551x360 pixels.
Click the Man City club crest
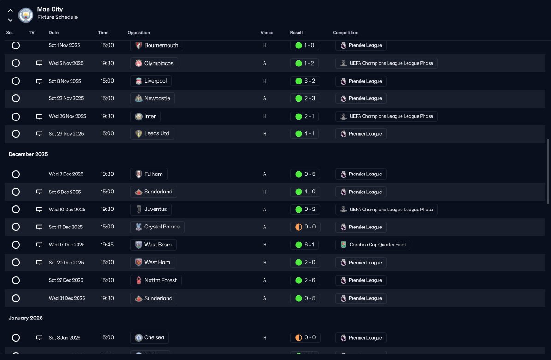pyautogui.click(x=25, y=15)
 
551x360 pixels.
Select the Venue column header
pyautogui.click(x=267, y=33)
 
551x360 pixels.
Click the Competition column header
pyautogui.click(x=346, y=33)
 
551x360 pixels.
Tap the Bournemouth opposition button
pyautogui.click(x=156, y=45)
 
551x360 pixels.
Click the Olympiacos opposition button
pyautogui.click(x=154, y=63)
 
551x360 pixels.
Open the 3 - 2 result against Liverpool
pyautogui.click(x=305, y=81)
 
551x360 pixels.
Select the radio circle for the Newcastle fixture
pyautogui.click(x=16, y=98)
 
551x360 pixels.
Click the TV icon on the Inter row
pyautogui.click(x=39, y=116)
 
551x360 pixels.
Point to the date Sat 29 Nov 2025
pyautogui.click(x=66, y=134)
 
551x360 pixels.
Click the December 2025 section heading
pyautogui.click(x=28, y=154)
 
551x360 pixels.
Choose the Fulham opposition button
pyautogui.click(x=149, y=174)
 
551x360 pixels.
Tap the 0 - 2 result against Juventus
pyautogui.click(x=305, y=209)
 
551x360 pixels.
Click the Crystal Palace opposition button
pyautogui.click(x=157, y=227)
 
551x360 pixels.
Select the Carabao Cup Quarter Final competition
pyautogui.click(x=373, y=245)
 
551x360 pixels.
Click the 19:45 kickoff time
pyautogui.click(x=107, y=245)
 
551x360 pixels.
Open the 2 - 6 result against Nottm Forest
pyautogui.click(x=305, y=280)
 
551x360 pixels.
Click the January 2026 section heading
pyautogui.click(x=26, y=318)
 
